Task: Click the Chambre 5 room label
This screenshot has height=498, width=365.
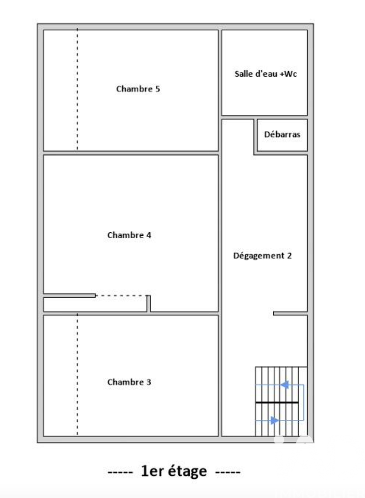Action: tap(138, 89)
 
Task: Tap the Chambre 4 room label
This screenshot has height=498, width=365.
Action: tap(129, 235)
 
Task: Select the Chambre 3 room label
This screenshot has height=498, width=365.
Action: tap(129, 382)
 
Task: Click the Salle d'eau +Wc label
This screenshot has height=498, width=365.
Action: tap(265, 74)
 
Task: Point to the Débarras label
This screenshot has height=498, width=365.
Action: tap(282, 134)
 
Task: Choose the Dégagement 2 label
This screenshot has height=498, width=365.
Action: tap(262, 255)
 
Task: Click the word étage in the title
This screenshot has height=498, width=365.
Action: tap(188, 471)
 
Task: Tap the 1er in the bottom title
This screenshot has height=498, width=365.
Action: tap(152, 471)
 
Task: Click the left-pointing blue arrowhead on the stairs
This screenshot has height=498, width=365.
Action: tap(285, 385)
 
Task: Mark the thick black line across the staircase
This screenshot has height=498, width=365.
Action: tap(277, 402)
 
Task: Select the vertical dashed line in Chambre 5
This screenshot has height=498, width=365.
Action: tap(77, 90)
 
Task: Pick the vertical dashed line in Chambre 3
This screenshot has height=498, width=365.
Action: tap(77, 375)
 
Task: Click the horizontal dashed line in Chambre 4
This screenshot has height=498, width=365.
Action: tap(120, 296)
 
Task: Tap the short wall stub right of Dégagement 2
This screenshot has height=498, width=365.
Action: tap(290, 313)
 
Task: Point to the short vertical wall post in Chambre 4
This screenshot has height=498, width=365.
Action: tap(149, 304)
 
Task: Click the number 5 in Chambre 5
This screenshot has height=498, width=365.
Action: tap(157, 89)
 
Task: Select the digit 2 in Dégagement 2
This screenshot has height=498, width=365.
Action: tap(289, 255)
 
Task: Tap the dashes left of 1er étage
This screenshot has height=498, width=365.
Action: tap(120, 472)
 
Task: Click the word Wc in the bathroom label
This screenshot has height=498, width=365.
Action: tap(291, 74)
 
